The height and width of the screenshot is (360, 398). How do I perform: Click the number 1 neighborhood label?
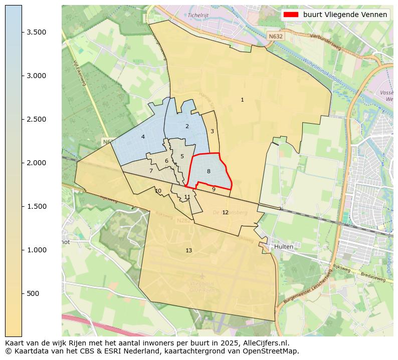pos(242,100)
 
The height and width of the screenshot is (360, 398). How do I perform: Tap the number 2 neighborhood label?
pos(187,127)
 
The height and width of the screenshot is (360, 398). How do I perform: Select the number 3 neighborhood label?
pos(212,132)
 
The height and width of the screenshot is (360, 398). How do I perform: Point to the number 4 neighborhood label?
pos(143,137)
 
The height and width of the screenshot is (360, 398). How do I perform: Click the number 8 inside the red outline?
pos(209,172)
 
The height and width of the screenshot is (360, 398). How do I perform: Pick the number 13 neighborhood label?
pos(188,251)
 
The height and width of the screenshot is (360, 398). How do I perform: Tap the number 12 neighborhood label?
pos(225,213)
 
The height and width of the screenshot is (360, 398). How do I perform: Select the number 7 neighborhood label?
pos(151,171)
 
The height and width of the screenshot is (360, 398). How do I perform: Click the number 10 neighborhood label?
pos(158,191)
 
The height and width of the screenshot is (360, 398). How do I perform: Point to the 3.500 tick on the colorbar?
pos(37,32)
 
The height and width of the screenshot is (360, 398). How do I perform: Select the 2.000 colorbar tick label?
pos(37,163)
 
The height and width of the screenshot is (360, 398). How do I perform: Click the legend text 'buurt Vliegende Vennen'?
pos(345,15)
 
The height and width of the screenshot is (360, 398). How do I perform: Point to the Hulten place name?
pos(283,247)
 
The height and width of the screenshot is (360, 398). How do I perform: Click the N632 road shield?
pos(275,37)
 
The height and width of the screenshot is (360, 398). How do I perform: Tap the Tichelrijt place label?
pos(198,15)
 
